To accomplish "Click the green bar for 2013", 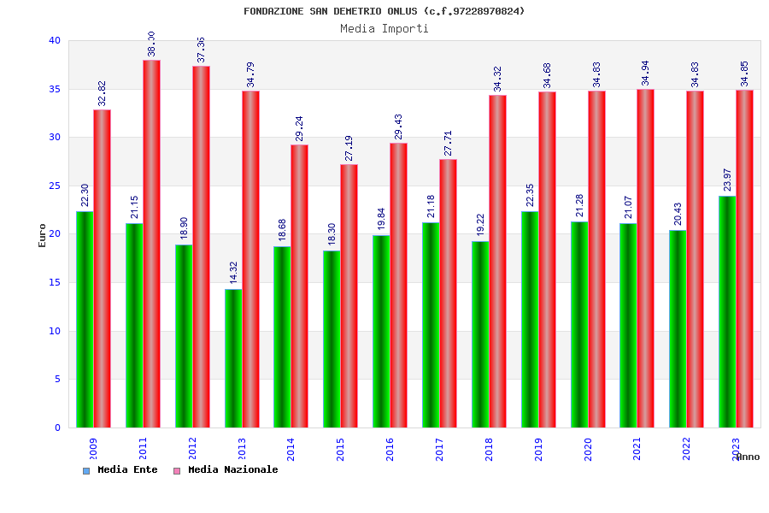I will point(233,358).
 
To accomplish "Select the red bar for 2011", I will point(151,244).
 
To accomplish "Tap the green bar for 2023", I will point(727,311).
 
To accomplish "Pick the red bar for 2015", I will point(349,296).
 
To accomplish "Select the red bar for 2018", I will point(497,261).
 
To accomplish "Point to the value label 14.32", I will point(233,272).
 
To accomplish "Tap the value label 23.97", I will point(727,180).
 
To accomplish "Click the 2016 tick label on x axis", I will point(390,450).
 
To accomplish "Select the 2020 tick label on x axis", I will point(588,450).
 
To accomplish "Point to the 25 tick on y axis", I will point(55,186).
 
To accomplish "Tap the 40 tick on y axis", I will point(55,40).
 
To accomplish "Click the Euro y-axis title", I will point(43,235).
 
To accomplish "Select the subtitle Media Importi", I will point(384,28).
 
